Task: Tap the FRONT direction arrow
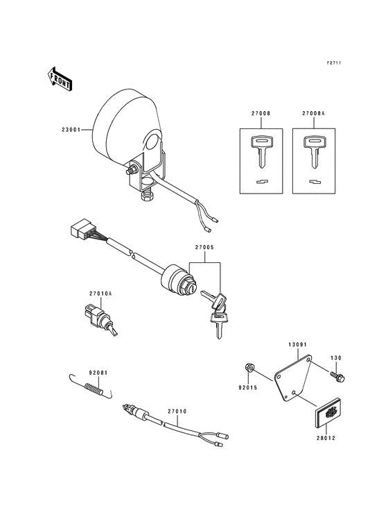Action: [60, 78]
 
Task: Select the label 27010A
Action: [100, 294]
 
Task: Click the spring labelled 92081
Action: [91, 388]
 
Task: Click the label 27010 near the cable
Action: [177, 411]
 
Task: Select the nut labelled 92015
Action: [250, 367]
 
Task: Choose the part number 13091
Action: [298, 343]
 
